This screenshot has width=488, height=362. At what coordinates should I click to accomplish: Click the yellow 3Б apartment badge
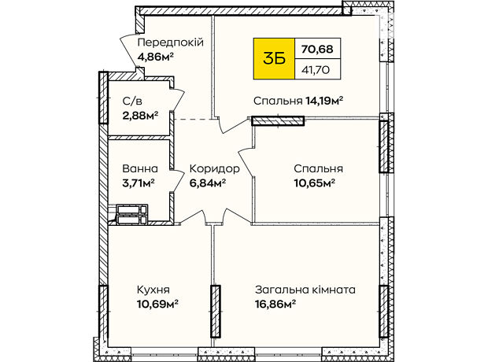(274, 58)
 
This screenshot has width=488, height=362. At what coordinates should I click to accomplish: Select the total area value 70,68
(317, 49)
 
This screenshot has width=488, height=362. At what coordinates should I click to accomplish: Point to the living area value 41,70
(316, 70)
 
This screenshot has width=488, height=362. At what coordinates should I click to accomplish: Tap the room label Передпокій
(171, 42)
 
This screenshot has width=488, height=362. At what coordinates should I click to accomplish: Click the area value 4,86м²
(155, 57)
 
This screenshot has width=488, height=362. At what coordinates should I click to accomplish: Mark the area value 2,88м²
(140, 116)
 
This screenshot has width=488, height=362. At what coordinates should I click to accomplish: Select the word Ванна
(140, 168)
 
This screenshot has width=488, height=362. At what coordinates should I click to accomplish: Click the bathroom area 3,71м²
(139, 183)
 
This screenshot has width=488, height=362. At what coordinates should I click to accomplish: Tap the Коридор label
(214, 169)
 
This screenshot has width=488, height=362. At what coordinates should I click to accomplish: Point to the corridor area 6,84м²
(208, 183)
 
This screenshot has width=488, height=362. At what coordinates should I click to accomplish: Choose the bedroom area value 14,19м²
(324, 101)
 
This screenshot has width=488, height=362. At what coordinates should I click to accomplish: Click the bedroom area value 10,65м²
(314, 183)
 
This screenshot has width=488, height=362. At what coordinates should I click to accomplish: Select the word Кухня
(153, 290)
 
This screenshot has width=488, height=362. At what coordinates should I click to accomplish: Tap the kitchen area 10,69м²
(157, 304)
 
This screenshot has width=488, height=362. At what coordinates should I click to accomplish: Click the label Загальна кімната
(305, 290)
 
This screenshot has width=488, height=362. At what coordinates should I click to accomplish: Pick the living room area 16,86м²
(275, 304)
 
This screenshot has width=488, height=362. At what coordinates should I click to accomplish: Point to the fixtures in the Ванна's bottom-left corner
(131, 215)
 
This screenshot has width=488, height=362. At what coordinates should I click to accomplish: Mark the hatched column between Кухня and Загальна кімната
(216, 312)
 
